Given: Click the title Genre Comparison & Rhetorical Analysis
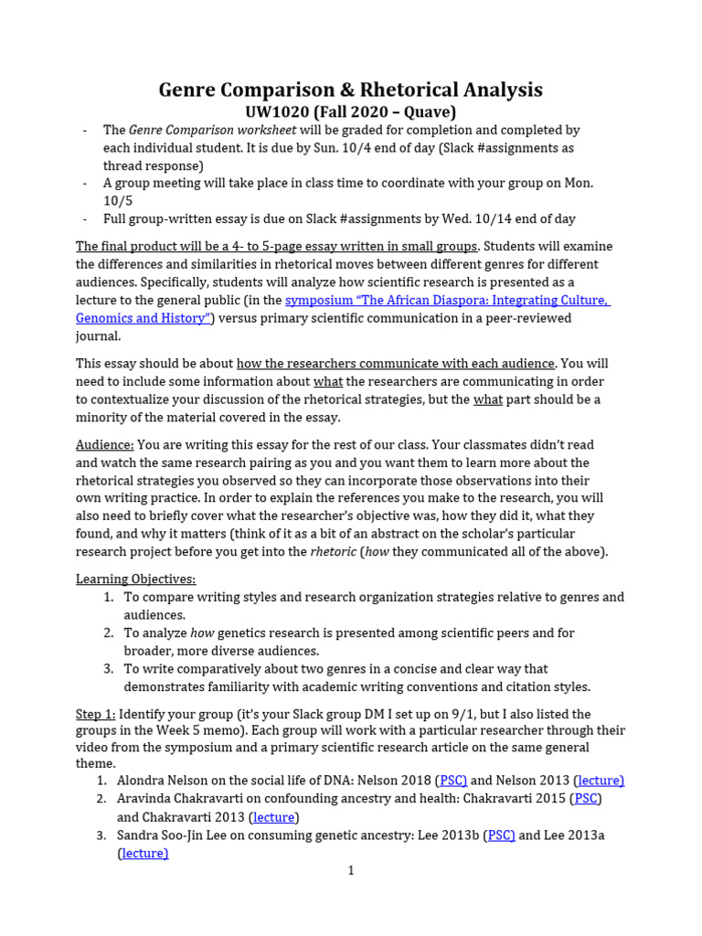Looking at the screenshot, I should tap(350, 90).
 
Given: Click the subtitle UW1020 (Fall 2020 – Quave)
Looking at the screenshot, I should tap(350, 112).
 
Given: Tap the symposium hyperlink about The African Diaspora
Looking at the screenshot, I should tap(446, 301).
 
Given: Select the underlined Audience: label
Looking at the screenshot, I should tap(105, 445).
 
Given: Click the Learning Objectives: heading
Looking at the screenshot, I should tap(135, 580).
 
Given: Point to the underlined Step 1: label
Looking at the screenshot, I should tap(95, 714).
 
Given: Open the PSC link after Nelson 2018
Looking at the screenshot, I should tap(452, 781).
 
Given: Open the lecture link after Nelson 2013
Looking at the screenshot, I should tap(601, 781).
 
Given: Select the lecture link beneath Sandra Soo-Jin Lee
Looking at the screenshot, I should tap(144, 854).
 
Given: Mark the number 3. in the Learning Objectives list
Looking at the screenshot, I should tap(108, 669).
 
